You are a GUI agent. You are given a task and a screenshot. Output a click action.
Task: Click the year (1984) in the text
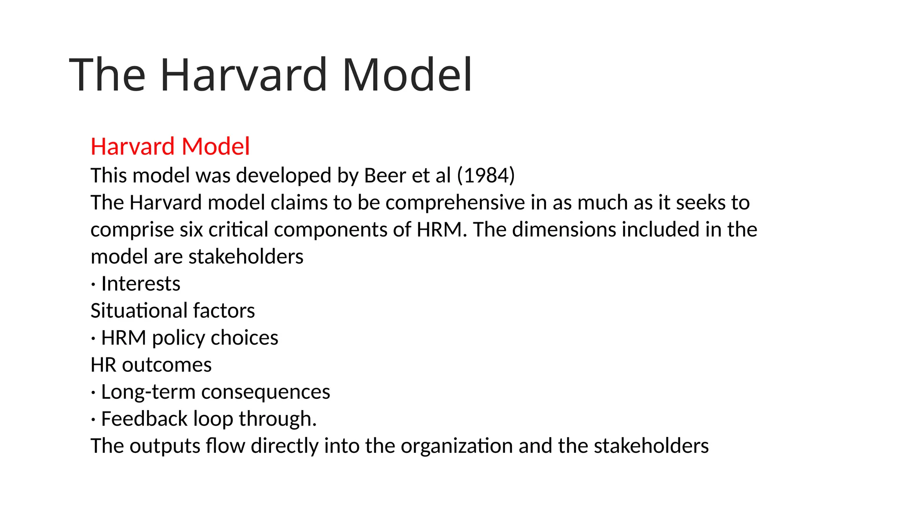pyautogui.click(x=486, y=176)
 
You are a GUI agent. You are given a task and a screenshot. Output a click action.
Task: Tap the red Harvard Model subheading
pyautogui.click(x=170, y=147)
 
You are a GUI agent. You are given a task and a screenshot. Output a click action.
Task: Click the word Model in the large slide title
pyautogui.click(x=407, y=75)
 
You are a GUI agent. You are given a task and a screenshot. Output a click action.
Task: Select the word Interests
pyautogui.click(x=141, y=284)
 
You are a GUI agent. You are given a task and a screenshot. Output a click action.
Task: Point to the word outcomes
pyautogui.click(x=167, y=365)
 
